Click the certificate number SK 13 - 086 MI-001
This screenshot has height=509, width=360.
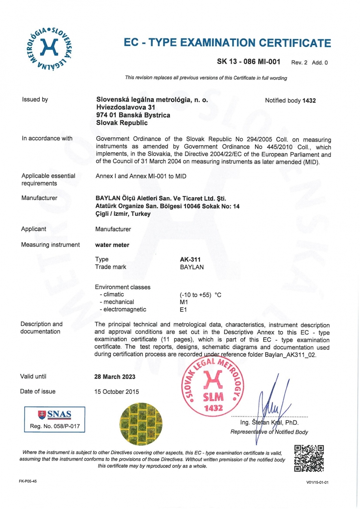pyautogui.click(x=248, y=62)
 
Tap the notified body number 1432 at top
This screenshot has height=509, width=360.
pyautogui.click(x=309, y=101)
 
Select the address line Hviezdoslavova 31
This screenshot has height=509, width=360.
pyautogui.click(x=126, y=107)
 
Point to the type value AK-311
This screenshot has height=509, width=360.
pyautogui.click(x=190, y=259)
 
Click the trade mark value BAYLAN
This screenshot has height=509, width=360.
pyautogui.click(x=192, y=267)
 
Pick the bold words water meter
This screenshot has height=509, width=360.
pyautogui.click(x=112, y=245)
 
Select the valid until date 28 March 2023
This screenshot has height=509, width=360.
pyautogui.click(x=115, y=377)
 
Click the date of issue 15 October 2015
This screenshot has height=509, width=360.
pyautogui.click(x=116, y=392)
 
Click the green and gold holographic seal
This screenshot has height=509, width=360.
pyautogui.click(x=141, y=424)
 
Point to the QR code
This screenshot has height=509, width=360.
pyautogui.click(x=309, y=458)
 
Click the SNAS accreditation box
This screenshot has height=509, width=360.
pyautogui.click(x=55, y=419)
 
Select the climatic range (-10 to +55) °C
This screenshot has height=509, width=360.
pyautogui.click(x=200, y=295)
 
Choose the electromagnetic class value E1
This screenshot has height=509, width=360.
pyautogui.click(x=183, y=310)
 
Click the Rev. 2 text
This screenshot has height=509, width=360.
pyautogui.click(x=299, y=63)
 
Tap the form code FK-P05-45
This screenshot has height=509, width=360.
pyautogui.click(x=28, y=481)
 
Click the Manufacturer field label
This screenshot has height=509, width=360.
pyautogui.click(x=39, y=198)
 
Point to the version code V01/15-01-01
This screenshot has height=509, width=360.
pyautogui.click(x=317, y=482)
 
